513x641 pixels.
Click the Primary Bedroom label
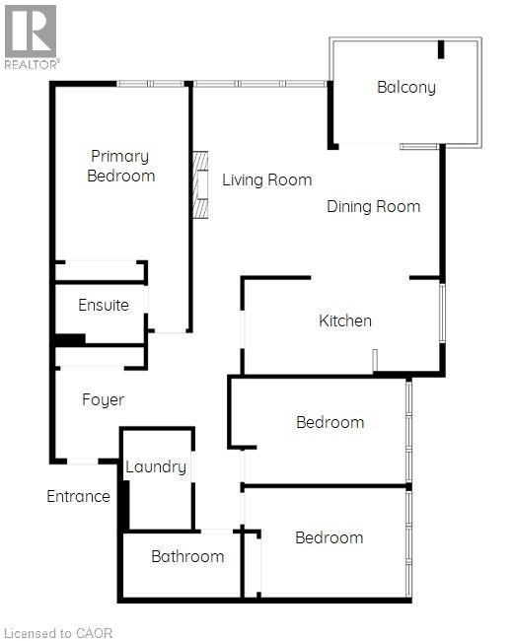(120, 166)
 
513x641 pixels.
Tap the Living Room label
(266, 179)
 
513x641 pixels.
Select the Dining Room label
(374, 206)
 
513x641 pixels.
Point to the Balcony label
(405, 87)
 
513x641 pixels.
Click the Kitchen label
(345, 320)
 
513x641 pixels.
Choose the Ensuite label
(104, 305)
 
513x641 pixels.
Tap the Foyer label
(103, 399)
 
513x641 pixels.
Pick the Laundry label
(156, 466)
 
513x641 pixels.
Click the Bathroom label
(187, 556)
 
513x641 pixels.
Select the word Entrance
(78, 496)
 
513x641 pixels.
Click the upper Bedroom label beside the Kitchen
(330, 422)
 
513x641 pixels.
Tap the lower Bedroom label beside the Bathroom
(329, 537)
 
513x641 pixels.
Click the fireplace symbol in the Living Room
(201, 183)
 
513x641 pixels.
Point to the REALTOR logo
(31, 36)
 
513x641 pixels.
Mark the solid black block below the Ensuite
(69, 340)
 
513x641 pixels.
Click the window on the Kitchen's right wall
(442, 313)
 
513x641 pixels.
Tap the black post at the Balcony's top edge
(441, 48)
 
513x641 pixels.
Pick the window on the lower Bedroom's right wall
(408, 542)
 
